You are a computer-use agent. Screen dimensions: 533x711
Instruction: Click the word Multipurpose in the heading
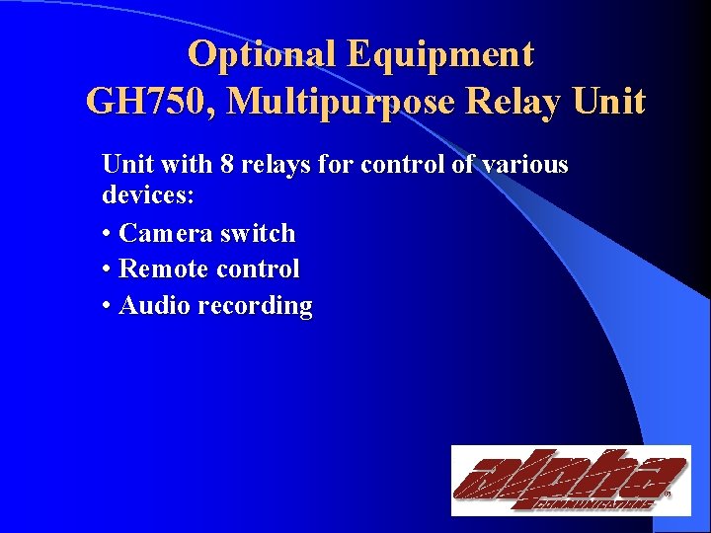coord(353,101)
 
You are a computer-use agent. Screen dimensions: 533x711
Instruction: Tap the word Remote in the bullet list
coord(163,268)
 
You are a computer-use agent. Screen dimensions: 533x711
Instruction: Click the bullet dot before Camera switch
coord(107,234)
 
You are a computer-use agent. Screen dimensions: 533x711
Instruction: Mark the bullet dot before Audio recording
coord(107,306)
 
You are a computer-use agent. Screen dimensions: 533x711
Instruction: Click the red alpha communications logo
coord(570,480)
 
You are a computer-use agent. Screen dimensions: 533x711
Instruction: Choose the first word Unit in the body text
coord(124,164)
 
